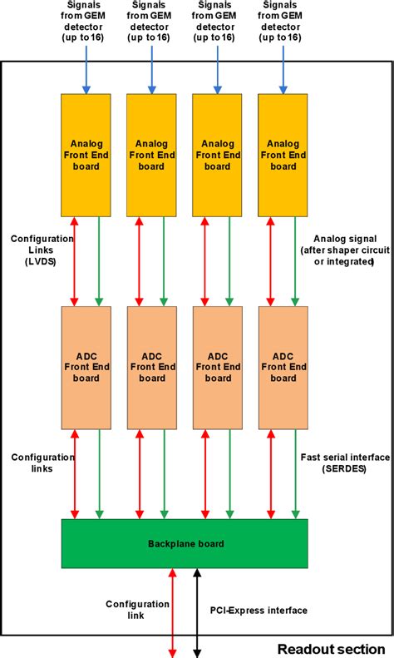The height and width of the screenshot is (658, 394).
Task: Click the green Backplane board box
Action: click(185, 543)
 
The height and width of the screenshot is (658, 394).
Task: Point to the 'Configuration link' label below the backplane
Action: click(125, 610)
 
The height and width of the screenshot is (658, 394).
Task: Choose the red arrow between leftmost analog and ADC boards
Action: click(75, 260)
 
